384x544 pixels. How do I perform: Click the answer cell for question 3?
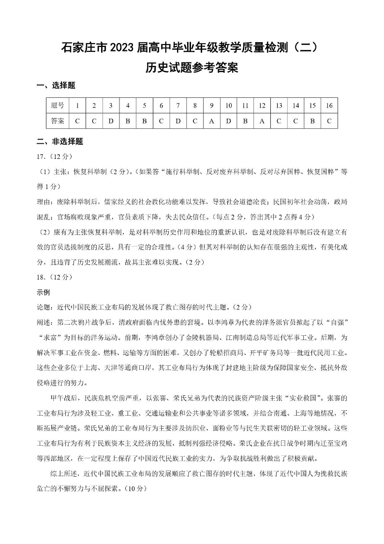(111, 121)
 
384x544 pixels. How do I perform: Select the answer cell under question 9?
(211, 121)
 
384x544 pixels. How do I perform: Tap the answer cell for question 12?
(262, 121)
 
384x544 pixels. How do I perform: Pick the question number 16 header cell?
(329, 105)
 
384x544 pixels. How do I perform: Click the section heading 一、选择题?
(56, 86)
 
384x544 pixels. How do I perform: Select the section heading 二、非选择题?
(60, 142)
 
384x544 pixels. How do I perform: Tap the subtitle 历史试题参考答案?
(192, 68)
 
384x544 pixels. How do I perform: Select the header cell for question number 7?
(178, 105)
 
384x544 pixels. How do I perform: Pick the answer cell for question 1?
(77, 121)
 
